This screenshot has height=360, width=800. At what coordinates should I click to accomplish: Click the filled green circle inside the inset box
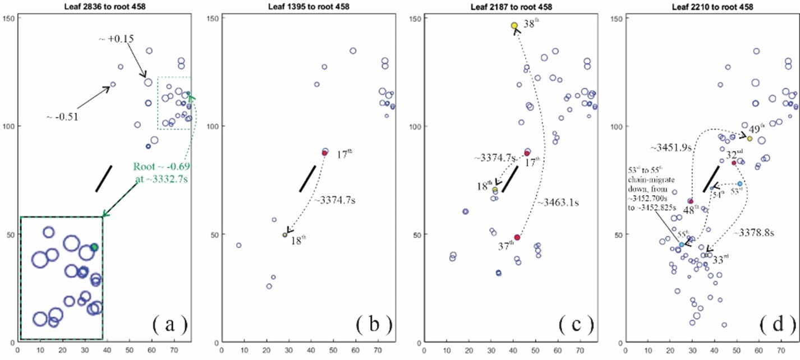(95, 247)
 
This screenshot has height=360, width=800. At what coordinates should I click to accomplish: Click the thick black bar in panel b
(307, 178)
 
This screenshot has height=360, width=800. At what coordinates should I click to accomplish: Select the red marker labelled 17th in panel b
(325, 153)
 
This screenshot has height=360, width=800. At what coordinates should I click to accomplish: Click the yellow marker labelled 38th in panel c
(514, 26)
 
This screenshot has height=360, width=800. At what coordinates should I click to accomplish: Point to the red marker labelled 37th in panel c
(517, 238)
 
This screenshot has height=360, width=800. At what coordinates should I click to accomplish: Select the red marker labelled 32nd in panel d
(734, 163)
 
